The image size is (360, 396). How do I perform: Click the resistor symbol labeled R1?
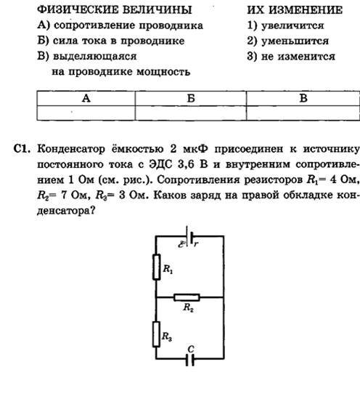coord(157,267)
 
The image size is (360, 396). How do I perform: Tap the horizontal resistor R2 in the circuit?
coord(187,297)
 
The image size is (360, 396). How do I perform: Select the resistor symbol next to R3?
coord(156,334)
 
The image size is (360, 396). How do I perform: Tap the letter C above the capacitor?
coord(191,349)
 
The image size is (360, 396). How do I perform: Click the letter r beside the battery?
coord(196,243)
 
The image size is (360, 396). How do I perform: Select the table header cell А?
coord(86,98)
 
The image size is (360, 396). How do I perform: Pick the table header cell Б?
coord(191,98)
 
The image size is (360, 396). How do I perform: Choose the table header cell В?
coord(303,98)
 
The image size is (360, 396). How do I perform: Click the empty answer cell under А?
coord(86,113)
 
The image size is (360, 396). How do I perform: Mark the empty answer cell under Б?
coord(191,113)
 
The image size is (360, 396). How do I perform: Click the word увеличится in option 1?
coord(292,25)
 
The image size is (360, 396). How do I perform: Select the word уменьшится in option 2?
coord(295,41)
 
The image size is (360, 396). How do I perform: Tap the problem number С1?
coord(22,149)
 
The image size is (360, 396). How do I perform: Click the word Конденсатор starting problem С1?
coord(71,149)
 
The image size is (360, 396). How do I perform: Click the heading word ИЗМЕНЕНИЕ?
coord(306,10)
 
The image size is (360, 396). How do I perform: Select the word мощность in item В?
coord(163,72)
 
